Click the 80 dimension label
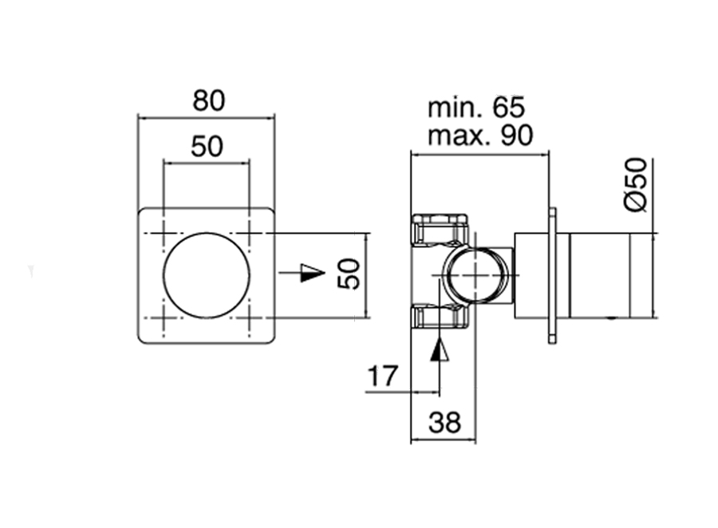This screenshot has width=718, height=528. coord(209,100)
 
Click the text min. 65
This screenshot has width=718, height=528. coord(475,108)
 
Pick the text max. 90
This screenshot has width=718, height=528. coord(480,135)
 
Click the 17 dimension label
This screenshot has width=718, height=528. coord(383,376)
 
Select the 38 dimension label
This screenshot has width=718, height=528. coord(444,422)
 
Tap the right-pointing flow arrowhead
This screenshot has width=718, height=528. coord(313,273)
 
